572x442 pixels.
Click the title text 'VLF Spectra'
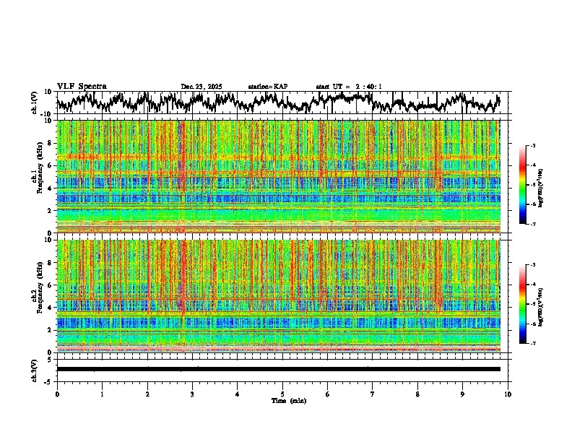tap(82, 87)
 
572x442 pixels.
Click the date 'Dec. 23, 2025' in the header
tap(201, 87)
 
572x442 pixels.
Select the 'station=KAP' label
tap(267, 87)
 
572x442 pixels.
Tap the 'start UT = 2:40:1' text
tap(349, 87)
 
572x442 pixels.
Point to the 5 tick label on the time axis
tap(282, 394)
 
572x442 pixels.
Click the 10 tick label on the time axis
tap(508, 394)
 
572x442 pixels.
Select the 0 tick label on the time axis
tap(57, 394)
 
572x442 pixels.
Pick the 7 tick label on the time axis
tap(373, 394)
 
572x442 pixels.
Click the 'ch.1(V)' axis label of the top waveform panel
tap(34, 103)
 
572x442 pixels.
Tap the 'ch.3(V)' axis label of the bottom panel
tap(34, 369)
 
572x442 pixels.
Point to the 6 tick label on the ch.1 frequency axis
tap(50, 165)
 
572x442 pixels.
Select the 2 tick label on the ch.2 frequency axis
tap(50, 329)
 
